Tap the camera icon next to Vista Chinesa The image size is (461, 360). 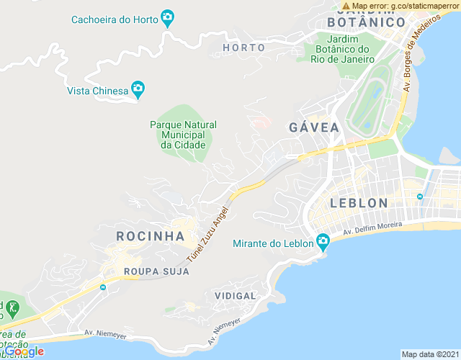[138, 89]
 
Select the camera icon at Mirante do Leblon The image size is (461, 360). [322, 241]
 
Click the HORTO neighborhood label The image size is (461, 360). [243, 48]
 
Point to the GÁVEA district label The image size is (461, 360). [313, 127]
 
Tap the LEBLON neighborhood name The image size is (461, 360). [359, 203]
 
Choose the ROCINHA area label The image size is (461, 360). [151, 235]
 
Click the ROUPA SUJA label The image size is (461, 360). [156, 271]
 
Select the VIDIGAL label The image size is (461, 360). [235, 296]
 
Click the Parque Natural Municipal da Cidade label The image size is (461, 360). [183, 135]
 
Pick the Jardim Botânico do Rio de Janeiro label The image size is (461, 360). [344, 49]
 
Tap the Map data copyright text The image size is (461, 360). [429, 354]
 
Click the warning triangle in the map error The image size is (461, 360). [346, 6]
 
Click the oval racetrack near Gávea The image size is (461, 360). [373, 98]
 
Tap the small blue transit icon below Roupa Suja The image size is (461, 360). [103, 287]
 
